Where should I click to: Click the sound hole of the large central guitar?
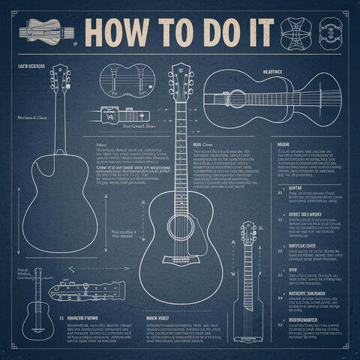181,226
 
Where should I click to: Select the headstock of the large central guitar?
180,80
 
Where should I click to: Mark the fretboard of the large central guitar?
181,150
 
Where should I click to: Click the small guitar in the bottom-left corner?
35,307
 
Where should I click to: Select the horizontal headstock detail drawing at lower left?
86,289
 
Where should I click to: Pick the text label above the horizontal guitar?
271,72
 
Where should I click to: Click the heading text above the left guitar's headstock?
31,67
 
